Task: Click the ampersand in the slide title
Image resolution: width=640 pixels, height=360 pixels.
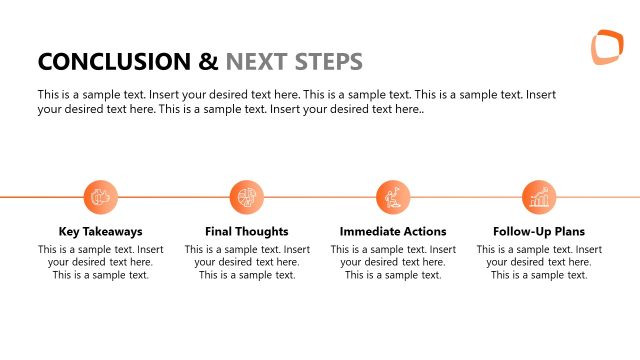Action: pos(209,62)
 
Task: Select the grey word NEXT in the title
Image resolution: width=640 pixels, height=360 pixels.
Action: pos(258,62)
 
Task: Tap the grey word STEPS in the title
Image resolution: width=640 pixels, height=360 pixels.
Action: pos(329,62)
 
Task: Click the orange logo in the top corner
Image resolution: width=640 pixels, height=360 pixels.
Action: pos(606,48)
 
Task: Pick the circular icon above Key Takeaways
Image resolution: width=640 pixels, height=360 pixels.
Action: pos(100,197)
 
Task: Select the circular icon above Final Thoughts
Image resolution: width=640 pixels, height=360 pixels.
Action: pos(246,197)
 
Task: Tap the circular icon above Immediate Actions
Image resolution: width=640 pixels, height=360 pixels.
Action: pos(393,197)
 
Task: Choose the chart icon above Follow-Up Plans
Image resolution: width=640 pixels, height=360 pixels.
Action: pos(539,197)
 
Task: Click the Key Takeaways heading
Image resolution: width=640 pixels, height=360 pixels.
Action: pos(100,231)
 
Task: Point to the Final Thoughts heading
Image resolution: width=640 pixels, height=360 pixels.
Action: pos(246,231)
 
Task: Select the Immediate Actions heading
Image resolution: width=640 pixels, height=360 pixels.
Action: pos(393,231)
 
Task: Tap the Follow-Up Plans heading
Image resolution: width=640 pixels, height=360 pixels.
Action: pos(539,231)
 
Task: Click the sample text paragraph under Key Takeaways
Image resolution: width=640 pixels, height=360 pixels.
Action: pos(100,262)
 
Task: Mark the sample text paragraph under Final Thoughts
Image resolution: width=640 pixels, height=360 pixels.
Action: pos(246,262)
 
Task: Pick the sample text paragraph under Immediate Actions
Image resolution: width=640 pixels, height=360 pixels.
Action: pos(393,262)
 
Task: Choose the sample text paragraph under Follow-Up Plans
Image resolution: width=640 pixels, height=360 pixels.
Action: pos(539,262)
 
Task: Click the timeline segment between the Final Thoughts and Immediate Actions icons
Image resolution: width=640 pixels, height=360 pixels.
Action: pos(320,197)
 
